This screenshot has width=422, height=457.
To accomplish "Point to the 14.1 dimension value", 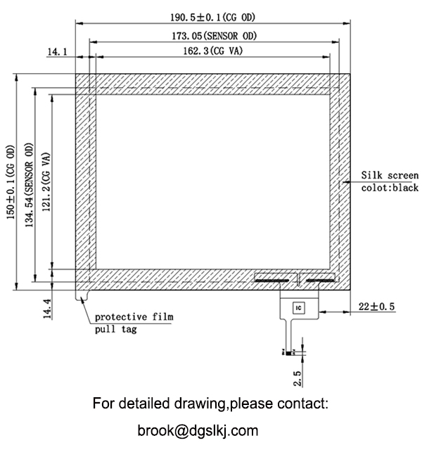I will [x=57, y=51].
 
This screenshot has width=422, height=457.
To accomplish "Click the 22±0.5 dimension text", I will [x=376, y=307].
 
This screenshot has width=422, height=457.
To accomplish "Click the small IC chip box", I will [x=298, y=308].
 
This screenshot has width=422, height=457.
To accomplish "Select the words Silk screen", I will [x=390, y=175].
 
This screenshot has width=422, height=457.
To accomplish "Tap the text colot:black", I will [x=390, y=188].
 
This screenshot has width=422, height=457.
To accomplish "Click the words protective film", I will [x=134, y=316].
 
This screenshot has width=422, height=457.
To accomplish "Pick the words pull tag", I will [x=116, y=329].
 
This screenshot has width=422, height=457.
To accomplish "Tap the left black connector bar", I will [x=270, y=280].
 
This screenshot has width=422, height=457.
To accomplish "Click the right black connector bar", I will [x=321, y=280].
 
